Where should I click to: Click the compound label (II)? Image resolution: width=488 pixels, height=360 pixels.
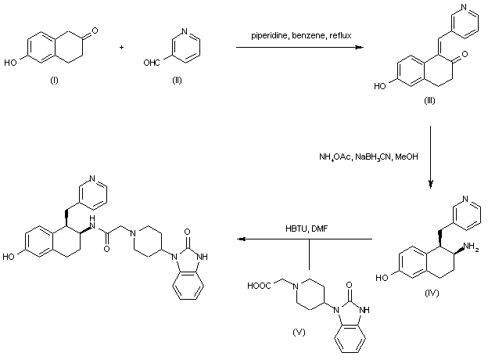(x=178, y=84)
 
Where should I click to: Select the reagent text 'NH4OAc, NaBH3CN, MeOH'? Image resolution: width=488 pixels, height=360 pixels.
(x=368, y=157)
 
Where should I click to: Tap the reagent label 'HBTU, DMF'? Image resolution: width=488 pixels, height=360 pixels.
(x=310, y=228)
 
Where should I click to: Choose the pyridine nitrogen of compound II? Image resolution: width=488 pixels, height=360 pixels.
(x=184, y=32)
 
